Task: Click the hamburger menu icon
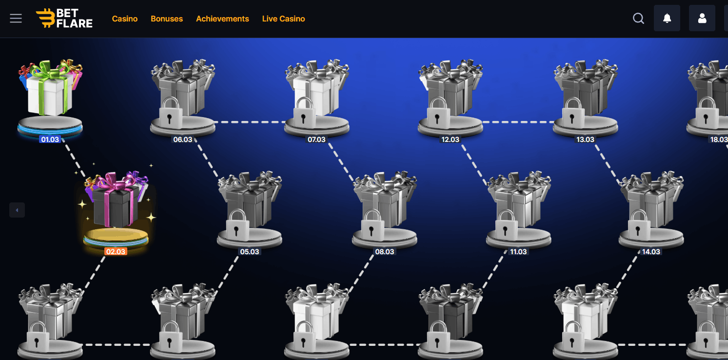(16, 19)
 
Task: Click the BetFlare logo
(64, 19)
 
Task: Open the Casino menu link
(125, 19)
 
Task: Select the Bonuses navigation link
(167, 19)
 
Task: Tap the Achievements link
(222, 19)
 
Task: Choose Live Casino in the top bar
(283, 19)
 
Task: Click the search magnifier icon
(638, 19)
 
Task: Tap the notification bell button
(667, 19)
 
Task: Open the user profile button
(702, 19)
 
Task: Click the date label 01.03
(50, 140)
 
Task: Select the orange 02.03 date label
(116, 252)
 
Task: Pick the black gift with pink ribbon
(116, 200)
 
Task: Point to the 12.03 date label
(450, 140)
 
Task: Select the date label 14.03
(651, 252)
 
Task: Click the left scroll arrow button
(17, 210)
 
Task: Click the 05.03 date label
(249, 252)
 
